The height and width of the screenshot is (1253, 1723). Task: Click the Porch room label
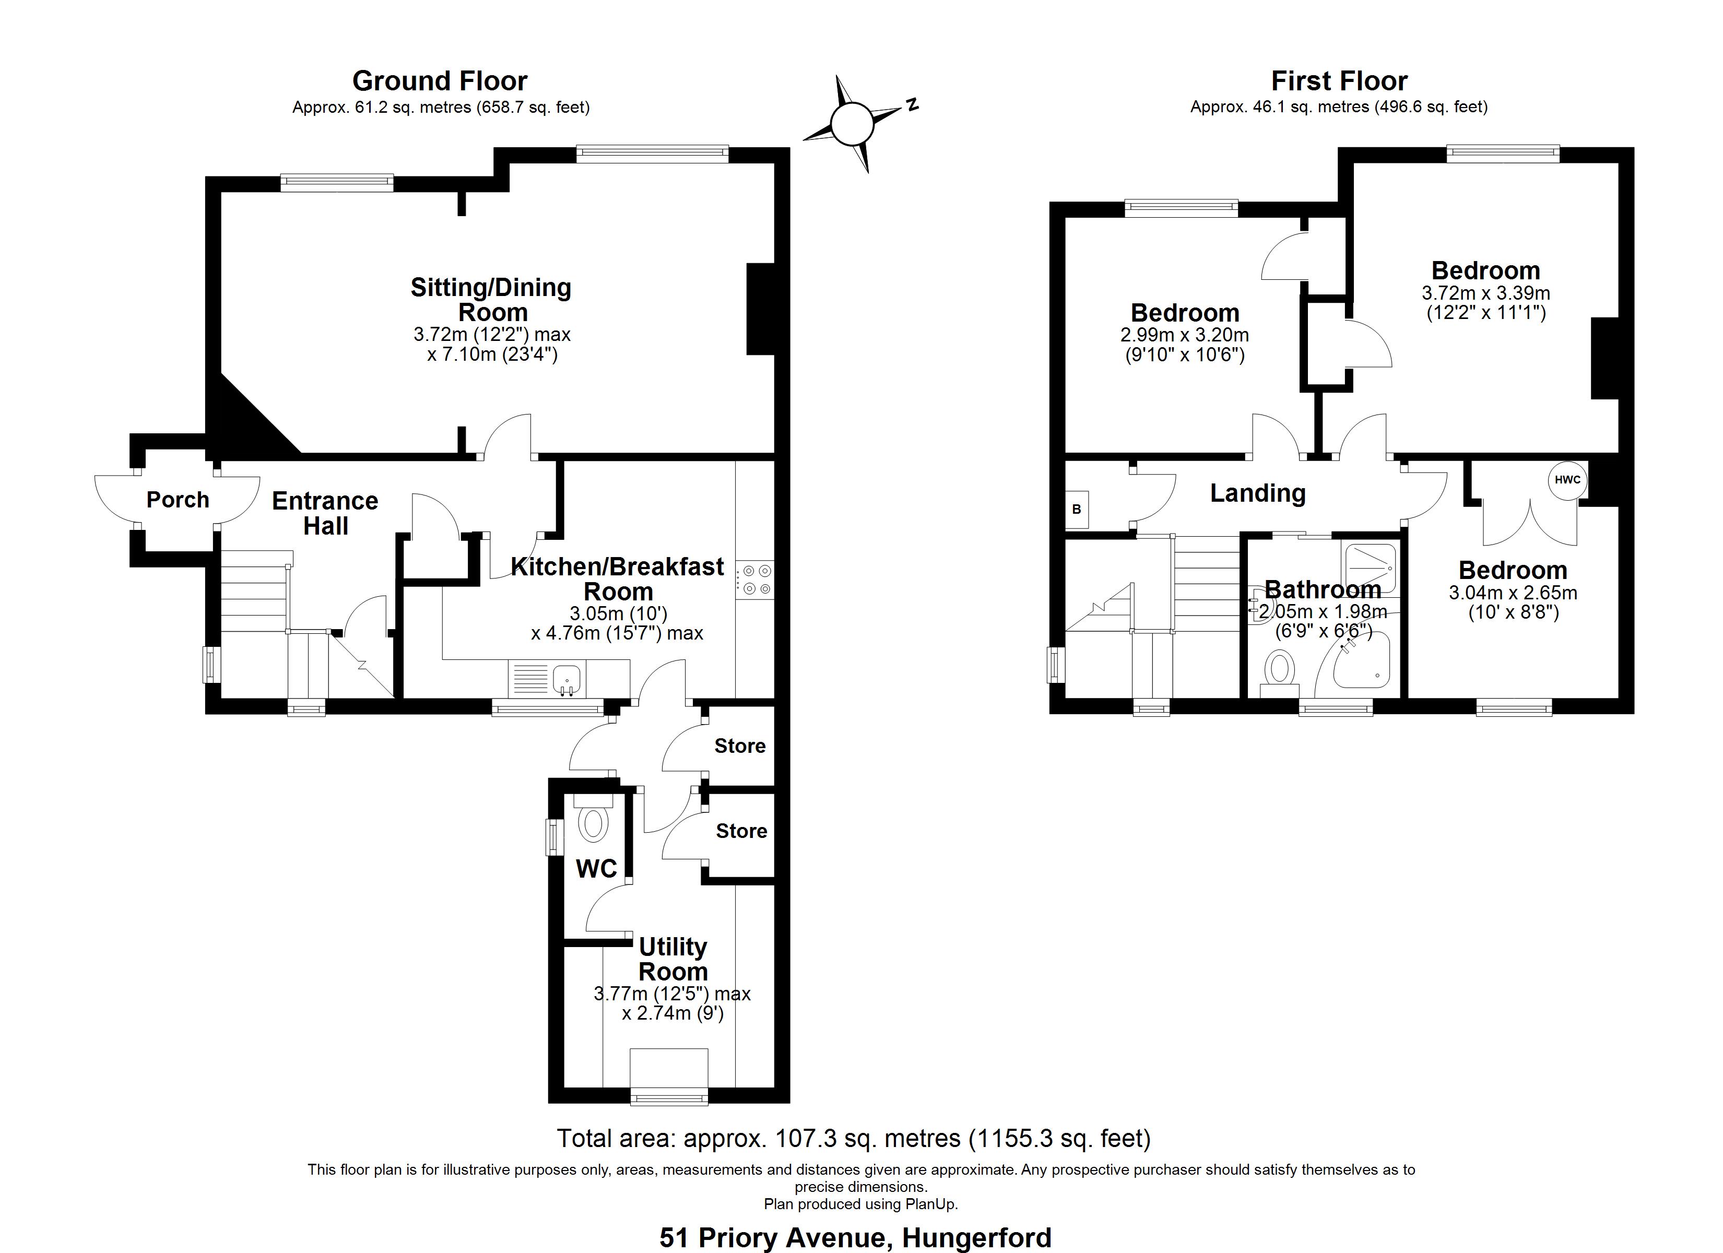click(x=178, y=500)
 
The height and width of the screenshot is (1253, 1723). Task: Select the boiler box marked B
click(x=1077, y=509)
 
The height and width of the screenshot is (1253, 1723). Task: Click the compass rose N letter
click(x=912, y=105)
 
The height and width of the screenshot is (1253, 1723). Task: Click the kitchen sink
click(x=567, y=678)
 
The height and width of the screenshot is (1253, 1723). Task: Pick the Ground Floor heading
click(x=440, y=80)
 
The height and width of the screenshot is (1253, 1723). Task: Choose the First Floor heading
click(x=1339, y=80)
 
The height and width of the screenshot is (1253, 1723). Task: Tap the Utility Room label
click(x=673, y=959)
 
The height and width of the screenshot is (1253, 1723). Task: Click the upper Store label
click(x=740, y=746)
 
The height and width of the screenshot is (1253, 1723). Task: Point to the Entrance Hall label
click(x=325, y=513)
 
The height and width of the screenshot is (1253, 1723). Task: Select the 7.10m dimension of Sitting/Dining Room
click(x=492, y=354)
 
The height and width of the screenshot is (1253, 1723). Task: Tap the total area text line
click(x=854, y=1138)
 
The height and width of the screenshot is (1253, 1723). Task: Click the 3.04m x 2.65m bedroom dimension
click(x=1513, y=593)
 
